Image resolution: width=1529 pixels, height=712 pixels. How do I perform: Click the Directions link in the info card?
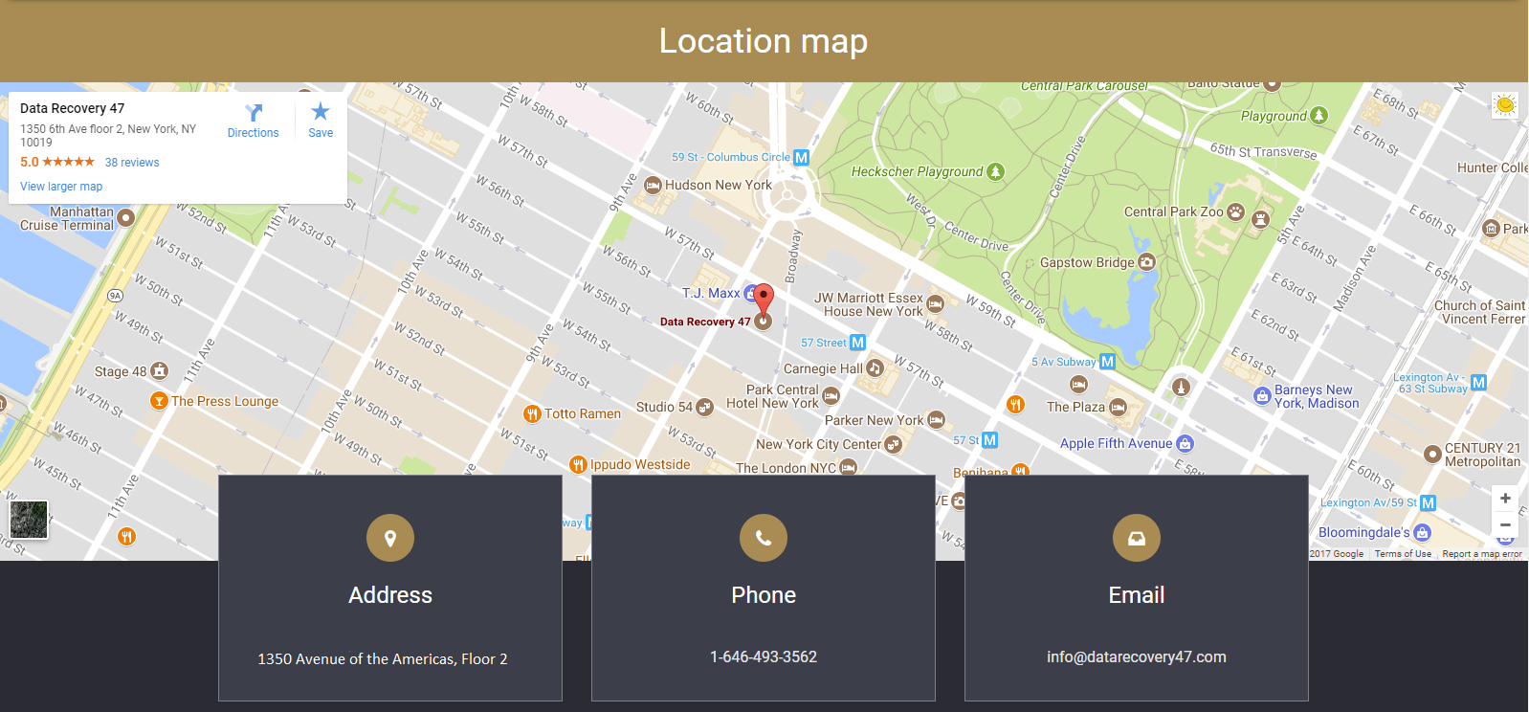253,122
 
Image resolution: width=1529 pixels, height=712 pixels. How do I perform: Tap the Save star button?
321,122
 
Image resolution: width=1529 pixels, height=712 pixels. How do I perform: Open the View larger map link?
61,187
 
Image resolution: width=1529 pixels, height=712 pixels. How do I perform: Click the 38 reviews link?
132,163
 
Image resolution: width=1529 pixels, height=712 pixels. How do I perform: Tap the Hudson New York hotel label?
718,185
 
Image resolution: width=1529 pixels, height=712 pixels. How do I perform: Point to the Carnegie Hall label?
823,368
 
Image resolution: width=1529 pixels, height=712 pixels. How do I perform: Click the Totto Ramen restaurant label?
582,413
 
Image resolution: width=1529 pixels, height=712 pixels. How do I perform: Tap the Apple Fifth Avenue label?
1116,443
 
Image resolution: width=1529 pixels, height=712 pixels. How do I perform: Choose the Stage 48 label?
121,371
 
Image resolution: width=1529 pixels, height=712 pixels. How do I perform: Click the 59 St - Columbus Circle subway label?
731,157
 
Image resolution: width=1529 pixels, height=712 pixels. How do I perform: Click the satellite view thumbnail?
29,520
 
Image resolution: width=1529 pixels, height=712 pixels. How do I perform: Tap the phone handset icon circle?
764,538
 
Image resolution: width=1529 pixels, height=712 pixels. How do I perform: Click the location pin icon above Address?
390,538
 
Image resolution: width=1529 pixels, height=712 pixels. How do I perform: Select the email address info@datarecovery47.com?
1136,656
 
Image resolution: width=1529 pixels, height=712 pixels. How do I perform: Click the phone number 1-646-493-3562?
764,656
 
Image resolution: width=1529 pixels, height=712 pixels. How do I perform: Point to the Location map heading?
764,41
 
